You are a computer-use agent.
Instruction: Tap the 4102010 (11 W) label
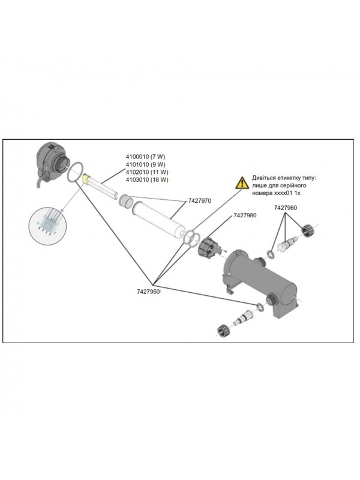point(148,172)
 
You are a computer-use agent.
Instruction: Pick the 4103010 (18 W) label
point(148,179)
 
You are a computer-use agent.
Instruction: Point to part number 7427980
point(244,215)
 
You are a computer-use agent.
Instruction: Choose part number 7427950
point(148,292)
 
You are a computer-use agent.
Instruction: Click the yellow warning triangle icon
point(241,182)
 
